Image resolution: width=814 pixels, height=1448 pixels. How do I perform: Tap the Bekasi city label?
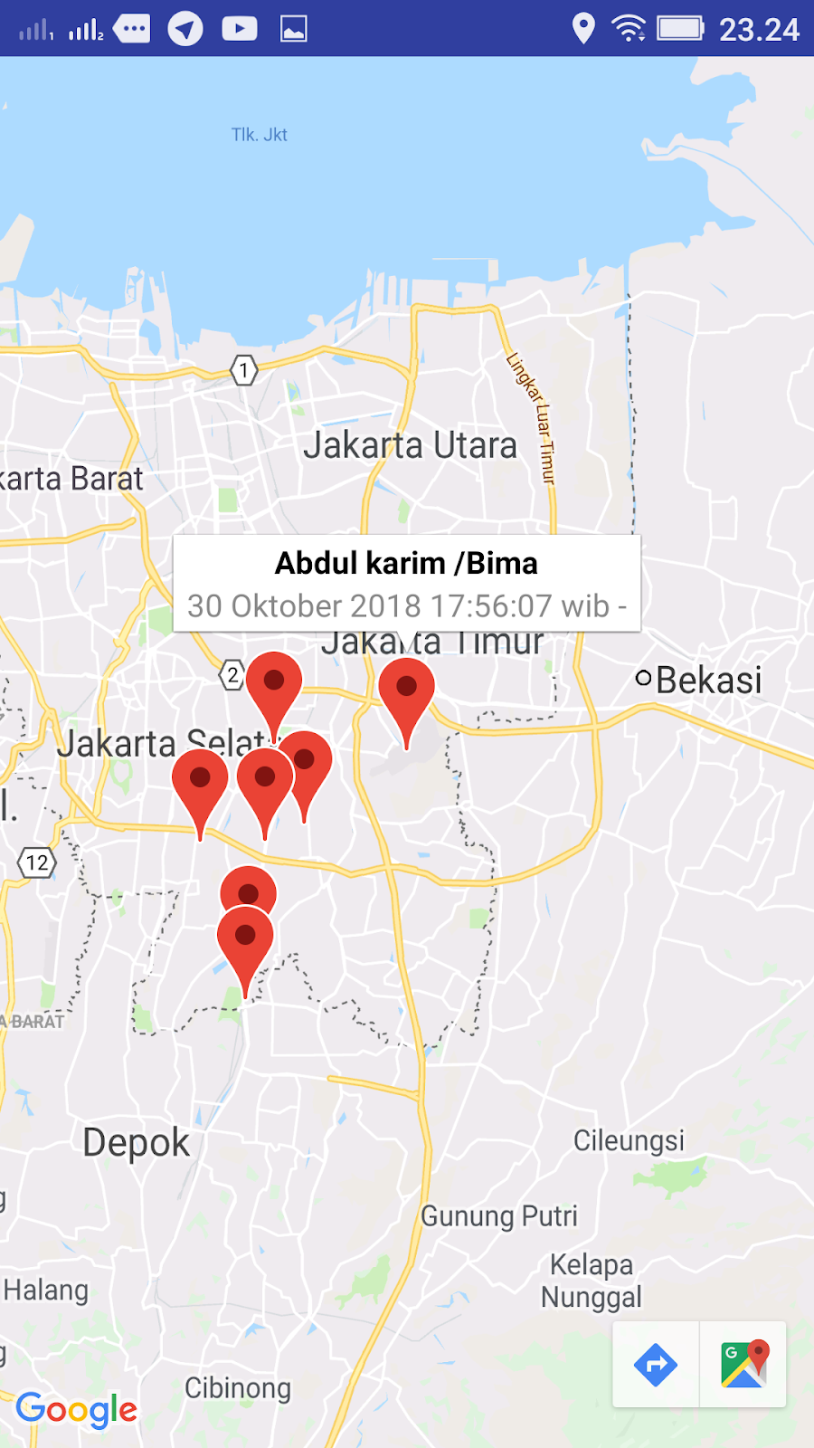[x=707, y=681]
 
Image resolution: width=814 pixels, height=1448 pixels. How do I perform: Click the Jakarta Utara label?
[x=410, y=446]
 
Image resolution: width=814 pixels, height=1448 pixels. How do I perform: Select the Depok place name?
[x=137, y=1143]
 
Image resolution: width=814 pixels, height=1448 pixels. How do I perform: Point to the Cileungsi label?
[x=629, y=1141]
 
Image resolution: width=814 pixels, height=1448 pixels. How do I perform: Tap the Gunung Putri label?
[x=499, y=1216]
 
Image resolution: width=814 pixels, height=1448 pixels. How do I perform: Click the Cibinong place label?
[x=238, y=1388]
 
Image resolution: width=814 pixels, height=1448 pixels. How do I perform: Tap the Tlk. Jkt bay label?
[x=260, y=135]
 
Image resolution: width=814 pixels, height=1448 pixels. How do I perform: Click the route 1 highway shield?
[x=243, y=370]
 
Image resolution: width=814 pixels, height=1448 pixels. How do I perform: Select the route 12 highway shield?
[x=37, y=862]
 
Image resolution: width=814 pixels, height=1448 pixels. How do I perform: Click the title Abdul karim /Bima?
[x=406, y=563]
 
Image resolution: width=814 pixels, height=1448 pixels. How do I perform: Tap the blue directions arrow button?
[x=656, y=1365]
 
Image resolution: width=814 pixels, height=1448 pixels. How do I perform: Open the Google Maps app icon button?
[x=743, y=1365]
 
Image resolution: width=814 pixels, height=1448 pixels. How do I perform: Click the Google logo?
[x=77, y=1410]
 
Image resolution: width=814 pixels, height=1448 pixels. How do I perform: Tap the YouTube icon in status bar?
[x=240, y=29]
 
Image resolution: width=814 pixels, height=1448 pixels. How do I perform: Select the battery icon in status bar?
[x=680, y=29]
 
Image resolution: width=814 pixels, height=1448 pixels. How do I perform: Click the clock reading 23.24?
[x=759, y=30]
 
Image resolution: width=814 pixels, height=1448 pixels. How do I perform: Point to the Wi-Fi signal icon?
[x=629, y=29]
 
